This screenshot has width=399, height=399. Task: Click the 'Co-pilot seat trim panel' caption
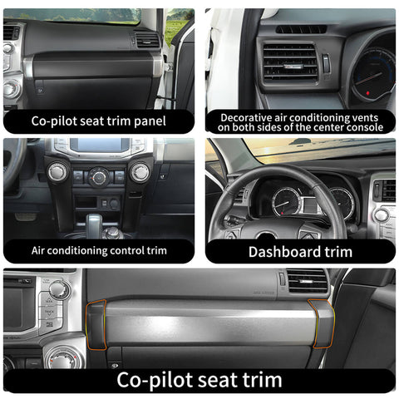(99, 121)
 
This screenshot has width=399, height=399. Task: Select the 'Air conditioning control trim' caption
(99, 249)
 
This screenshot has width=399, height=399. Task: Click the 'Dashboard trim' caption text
(300, 251)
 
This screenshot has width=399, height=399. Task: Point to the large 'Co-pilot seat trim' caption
(199, 380)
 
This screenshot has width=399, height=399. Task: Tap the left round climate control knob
(57, 172)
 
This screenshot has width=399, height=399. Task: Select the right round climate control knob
(139, 172)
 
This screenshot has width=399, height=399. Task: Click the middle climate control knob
(99, 175)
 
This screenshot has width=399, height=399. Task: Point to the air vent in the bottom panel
(307, 280)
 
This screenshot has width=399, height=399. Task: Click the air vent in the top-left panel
(146, 39)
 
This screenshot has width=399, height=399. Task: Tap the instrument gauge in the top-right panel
(372, 79)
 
